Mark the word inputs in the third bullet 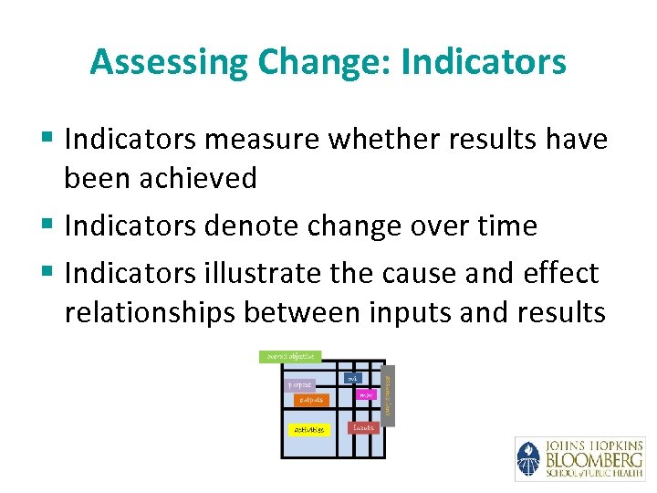coord(415,312)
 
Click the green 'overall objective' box coord(290,356)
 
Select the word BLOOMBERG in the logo coord(593,459)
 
